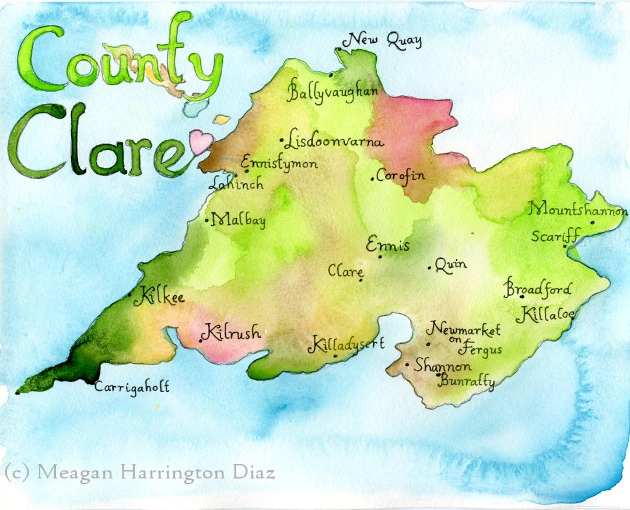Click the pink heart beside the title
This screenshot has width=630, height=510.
(x=202, y=142)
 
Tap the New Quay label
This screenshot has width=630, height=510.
(x=385, y=41)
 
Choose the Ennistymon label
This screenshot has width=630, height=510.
(x=279, y=163)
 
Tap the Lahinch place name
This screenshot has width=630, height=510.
(x=237, y=184)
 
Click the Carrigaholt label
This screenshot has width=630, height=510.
(x=132, y=386)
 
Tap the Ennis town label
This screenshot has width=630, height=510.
(x=388, y=246)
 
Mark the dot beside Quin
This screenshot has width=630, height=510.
(x=430, y=268)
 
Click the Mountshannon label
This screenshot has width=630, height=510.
(x=578, y=210)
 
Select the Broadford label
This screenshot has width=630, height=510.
(x=538, y=289)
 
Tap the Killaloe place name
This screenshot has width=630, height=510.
(x=545, y=315)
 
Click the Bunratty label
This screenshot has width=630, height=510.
(x=467, y=383)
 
